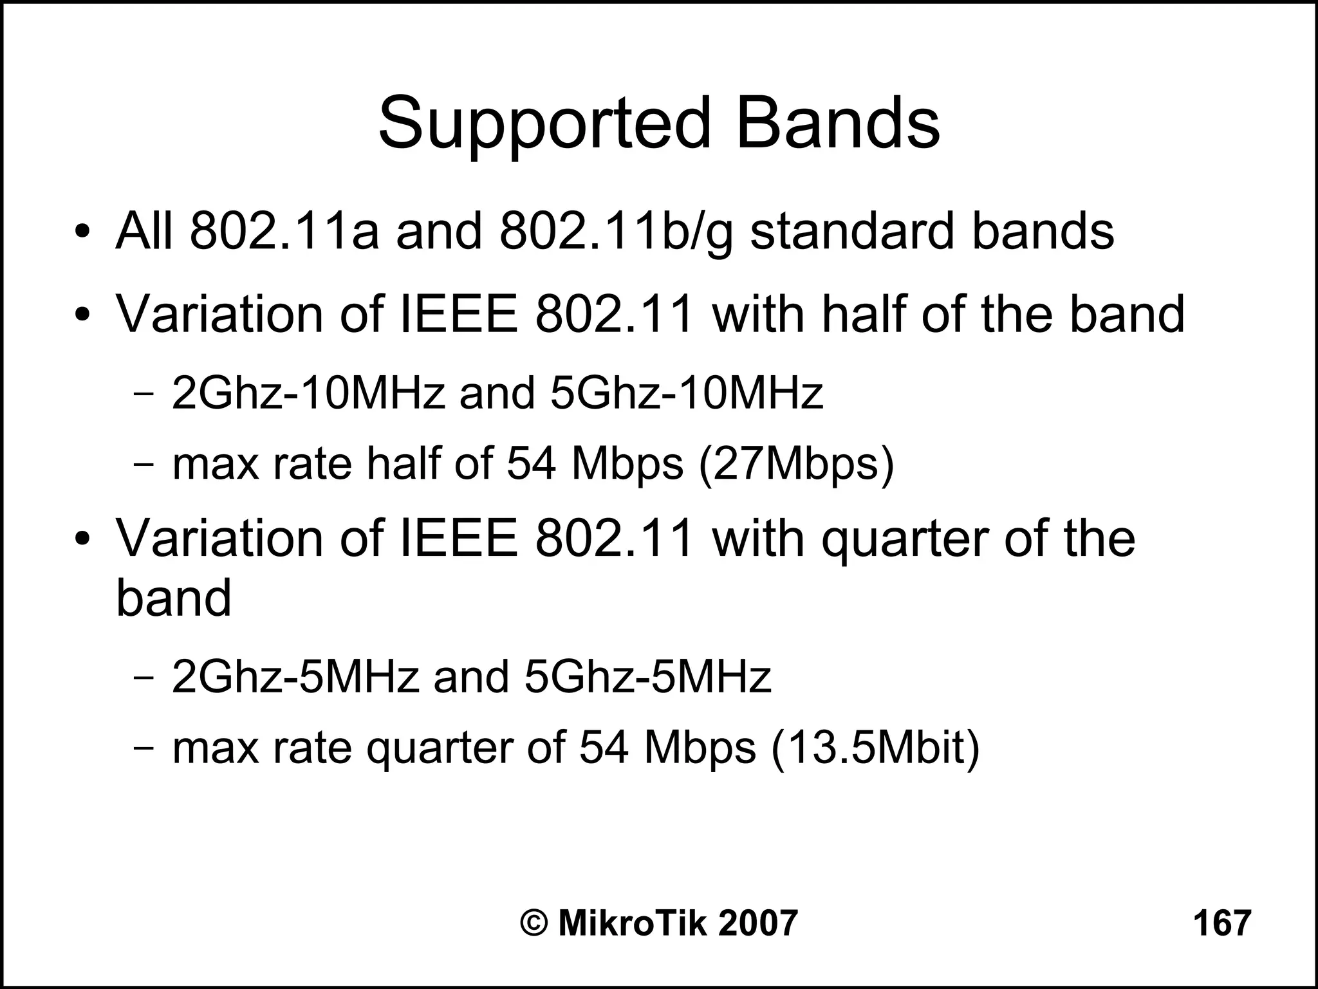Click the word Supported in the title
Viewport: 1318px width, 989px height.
[544, 123]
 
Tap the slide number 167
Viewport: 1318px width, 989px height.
[1222, 923]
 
